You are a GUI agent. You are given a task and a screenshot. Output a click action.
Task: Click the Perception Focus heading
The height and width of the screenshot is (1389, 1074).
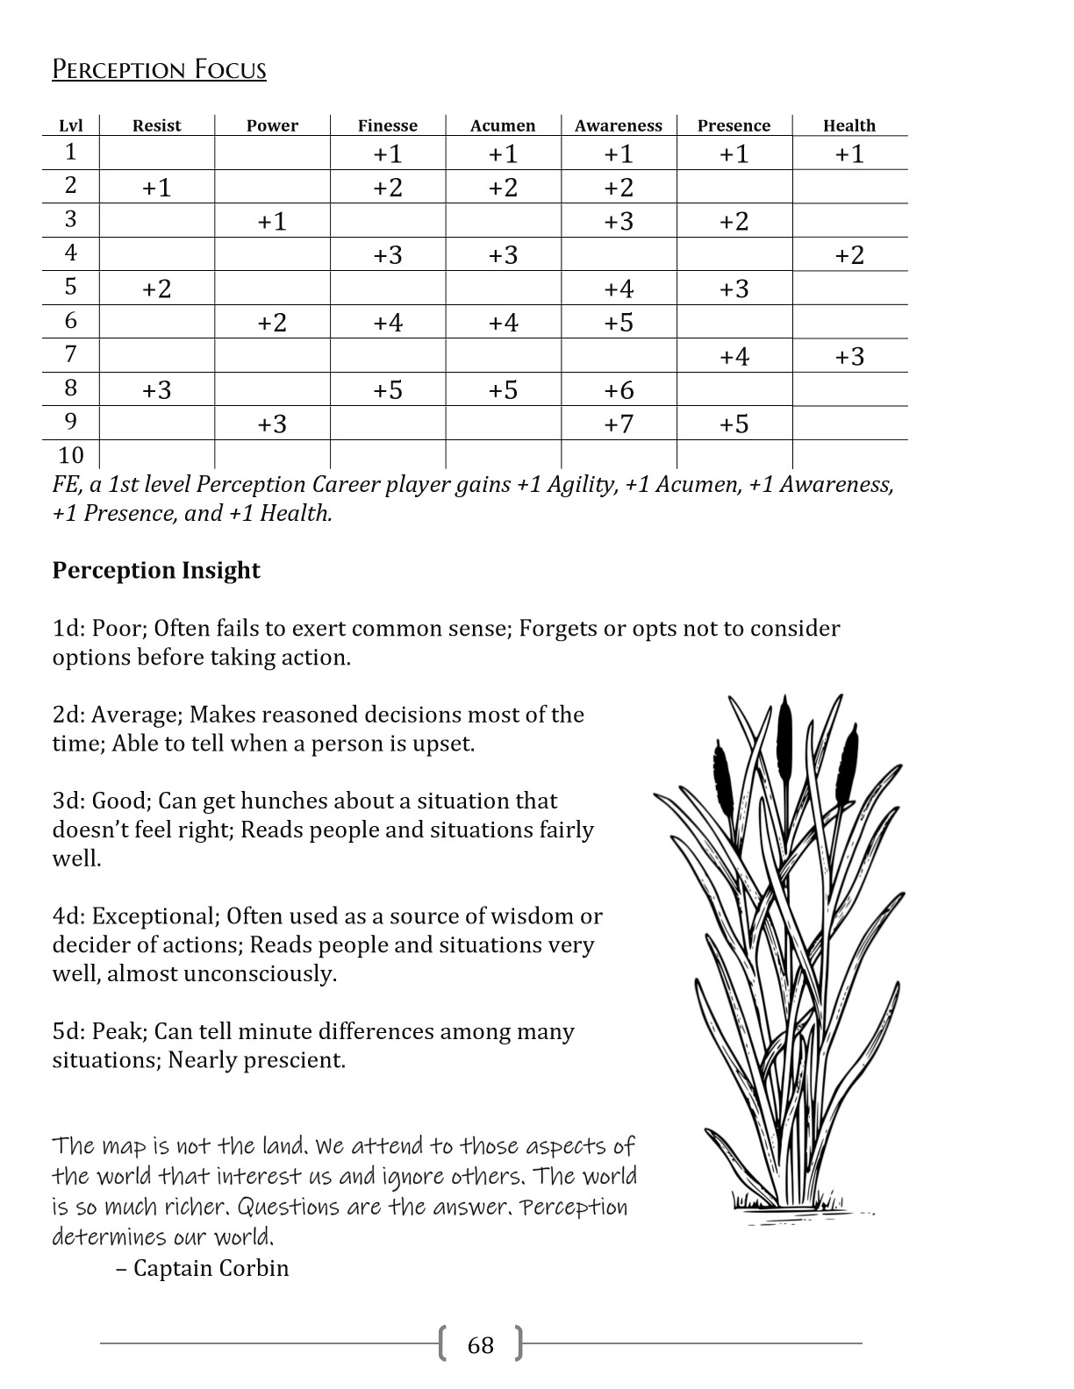(159, 69)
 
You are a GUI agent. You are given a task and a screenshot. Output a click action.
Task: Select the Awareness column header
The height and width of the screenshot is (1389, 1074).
(619, 125)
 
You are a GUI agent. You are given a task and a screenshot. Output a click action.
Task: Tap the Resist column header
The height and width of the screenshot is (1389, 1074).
(156, 125)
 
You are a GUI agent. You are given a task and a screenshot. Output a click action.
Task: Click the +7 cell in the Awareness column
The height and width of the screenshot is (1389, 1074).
(619, 424)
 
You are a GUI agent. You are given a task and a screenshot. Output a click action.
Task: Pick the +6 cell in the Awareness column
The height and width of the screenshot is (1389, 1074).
(619, 390)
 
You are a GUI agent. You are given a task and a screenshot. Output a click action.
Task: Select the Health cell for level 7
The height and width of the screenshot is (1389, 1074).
(849, 357)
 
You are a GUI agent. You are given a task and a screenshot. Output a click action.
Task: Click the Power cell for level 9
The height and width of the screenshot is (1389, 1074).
(272, 424)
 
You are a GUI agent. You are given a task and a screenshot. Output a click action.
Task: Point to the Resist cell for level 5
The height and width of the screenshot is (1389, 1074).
(156, 288)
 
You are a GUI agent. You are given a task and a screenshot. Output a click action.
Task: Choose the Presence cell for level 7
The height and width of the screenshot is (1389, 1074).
(734, 357)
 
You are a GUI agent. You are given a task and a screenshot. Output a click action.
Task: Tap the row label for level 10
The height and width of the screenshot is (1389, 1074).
(71, 455)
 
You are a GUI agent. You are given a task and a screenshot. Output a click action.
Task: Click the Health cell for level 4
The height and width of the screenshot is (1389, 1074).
(849, 255)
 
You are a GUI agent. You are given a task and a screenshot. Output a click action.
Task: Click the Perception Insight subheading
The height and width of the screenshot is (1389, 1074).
(156, 571)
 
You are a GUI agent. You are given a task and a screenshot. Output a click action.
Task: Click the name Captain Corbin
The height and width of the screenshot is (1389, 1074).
(211, 1269)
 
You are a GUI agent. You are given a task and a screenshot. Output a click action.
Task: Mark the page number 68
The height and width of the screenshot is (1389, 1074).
(481, 1345)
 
